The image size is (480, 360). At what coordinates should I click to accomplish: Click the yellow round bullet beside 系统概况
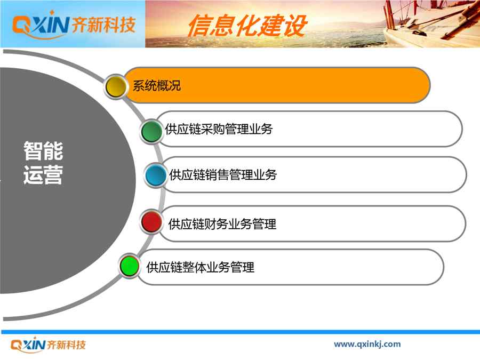116,86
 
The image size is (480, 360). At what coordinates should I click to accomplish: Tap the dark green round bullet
151,131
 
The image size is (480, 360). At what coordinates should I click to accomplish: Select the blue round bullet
156,175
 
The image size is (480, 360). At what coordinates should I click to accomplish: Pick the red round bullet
151,222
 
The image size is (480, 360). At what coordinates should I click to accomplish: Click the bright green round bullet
129,266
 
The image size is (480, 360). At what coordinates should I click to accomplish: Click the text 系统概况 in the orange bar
156,86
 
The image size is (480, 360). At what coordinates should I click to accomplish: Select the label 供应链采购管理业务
219,129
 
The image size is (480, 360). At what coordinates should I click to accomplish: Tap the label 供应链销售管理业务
223,175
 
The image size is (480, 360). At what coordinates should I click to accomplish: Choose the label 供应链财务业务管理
222,224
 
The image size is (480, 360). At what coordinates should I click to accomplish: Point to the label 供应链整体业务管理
200,267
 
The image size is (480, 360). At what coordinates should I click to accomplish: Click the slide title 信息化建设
247,26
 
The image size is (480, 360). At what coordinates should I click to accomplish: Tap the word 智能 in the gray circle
43,151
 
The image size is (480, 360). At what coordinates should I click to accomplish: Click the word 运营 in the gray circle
43,175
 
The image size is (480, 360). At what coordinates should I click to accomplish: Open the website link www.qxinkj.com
367,344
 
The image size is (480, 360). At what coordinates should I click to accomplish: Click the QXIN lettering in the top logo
41,25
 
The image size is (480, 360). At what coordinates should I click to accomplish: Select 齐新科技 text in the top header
103,25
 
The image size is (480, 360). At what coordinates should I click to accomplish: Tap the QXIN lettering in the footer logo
28,345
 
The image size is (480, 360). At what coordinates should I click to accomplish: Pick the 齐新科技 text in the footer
67,345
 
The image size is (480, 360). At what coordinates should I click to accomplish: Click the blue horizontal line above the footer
241,332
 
